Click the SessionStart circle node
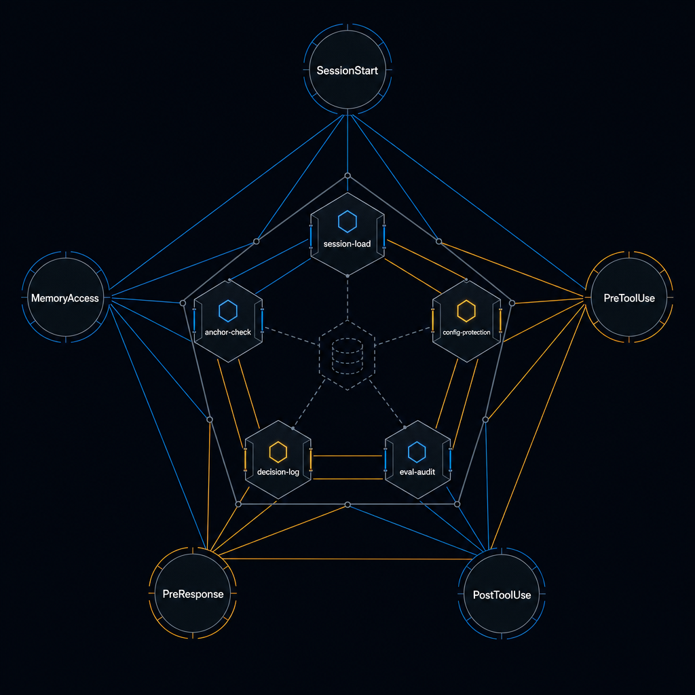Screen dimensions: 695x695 point(347,70)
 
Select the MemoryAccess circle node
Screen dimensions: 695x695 point(66,297)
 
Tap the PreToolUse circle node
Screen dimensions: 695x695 point(629,297)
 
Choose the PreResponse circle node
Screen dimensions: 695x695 point(193,593)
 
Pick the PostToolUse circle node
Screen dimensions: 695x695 point(502,594)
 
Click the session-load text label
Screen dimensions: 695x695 point(347,244)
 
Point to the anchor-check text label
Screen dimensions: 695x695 point(228,332)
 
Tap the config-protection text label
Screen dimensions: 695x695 point(466,333)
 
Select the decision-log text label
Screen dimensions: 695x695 point(278,472)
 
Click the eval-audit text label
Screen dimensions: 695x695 point(417,472)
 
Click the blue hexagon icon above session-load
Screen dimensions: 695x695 point(347,222)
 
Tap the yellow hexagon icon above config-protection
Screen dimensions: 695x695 point(466,311)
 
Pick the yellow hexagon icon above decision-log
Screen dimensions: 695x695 point(278,452)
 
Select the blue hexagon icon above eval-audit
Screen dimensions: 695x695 point(417,452)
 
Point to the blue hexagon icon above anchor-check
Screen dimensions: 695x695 point(228,311)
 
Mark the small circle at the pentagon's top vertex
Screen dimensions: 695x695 point(347,176)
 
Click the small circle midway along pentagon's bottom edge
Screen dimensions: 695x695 point(347,505)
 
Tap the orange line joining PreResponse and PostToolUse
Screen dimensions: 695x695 point(347,559)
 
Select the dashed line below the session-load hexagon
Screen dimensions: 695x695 point(347,299)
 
